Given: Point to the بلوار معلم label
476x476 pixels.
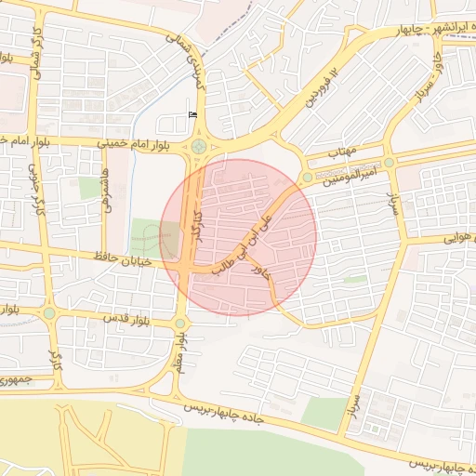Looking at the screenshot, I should point(178,352).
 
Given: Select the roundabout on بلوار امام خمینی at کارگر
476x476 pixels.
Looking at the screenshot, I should point(199,146).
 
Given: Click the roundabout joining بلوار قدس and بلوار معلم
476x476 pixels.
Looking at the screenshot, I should point(179,324).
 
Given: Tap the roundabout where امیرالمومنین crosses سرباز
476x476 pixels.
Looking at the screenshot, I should point(390,162).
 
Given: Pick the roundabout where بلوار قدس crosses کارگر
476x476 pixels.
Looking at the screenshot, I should point(48,314).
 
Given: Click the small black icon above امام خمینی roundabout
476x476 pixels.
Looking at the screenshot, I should point(192,114).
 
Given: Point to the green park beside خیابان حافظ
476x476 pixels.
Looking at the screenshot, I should point(146,235).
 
